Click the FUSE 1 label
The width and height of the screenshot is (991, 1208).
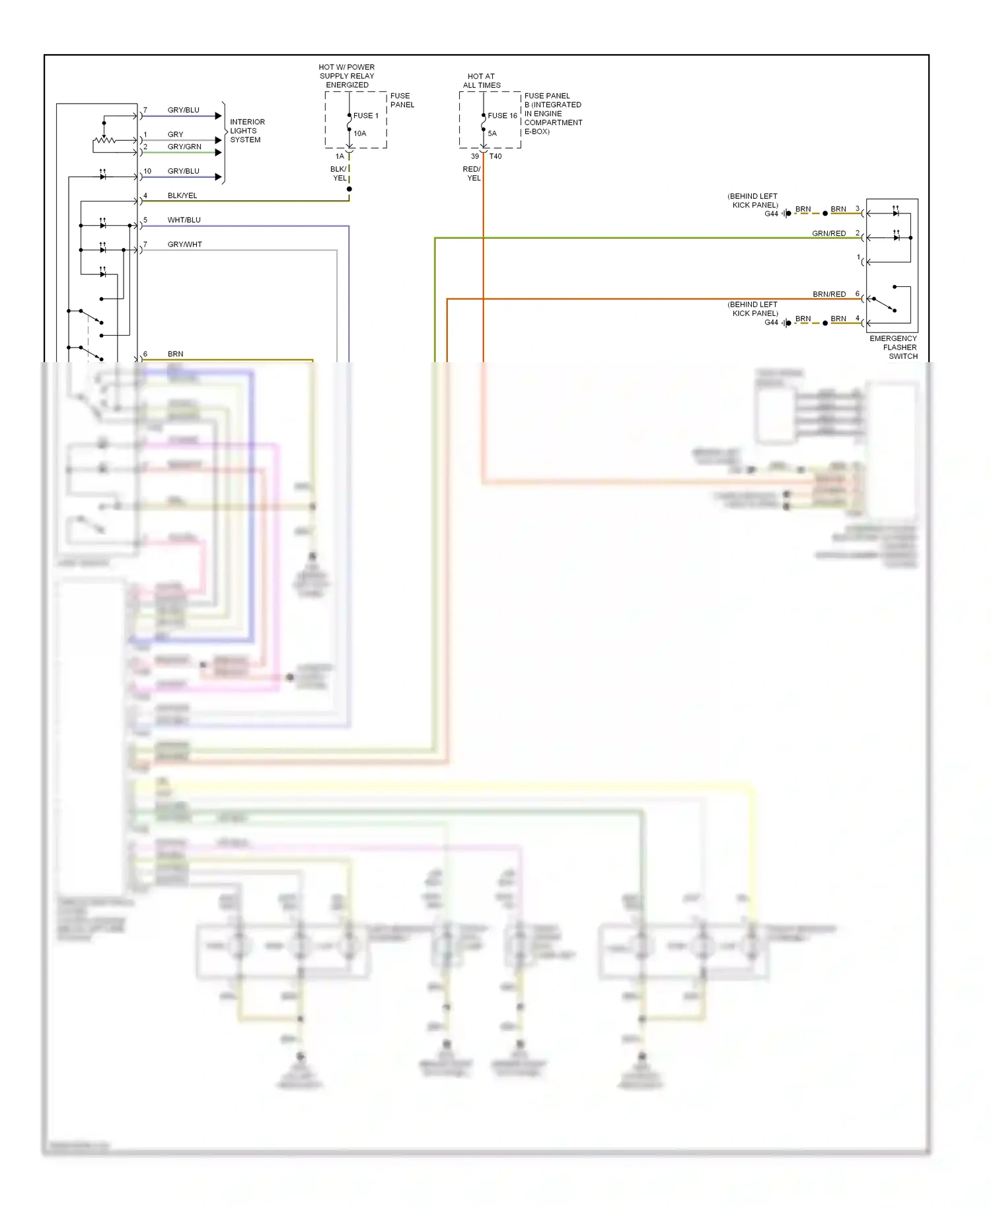tap(365, 116)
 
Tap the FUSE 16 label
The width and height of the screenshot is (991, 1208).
tap(502, 116)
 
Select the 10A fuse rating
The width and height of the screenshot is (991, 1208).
tap(359, 133)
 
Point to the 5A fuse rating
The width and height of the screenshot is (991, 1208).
tap(492, 133)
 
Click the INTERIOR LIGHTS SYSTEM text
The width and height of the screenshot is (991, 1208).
tap(246, 131)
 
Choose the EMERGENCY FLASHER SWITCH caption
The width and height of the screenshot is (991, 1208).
tap(893, 347)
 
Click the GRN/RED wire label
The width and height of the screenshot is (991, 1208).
tap(828, 233)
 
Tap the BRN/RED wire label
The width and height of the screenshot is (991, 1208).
tap(828, 294)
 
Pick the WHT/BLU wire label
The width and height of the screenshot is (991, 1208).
tap(184, 220)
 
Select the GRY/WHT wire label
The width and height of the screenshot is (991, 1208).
tap(184, 245)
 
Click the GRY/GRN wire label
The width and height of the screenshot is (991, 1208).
tap(184, 147)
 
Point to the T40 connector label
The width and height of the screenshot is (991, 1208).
tap(495, 157)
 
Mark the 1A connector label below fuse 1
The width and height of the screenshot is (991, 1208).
tap(340, 157)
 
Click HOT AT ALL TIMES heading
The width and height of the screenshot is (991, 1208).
tap(481, 81)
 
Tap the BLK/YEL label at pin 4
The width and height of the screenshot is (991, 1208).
tap(182, 196)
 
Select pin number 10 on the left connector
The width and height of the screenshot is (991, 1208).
tap(147, 171)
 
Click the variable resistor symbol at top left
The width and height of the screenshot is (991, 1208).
tap(104, 140)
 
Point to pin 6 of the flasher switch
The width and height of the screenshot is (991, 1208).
tap(858, 293)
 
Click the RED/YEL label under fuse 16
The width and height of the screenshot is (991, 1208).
tap(472, 174)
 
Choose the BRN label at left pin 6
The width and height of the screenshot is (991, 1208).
tap(175, 354)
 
